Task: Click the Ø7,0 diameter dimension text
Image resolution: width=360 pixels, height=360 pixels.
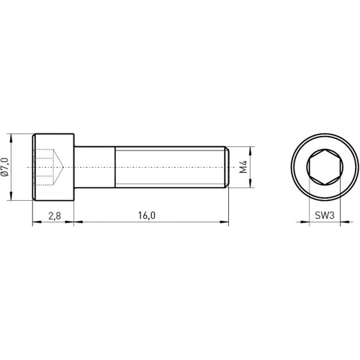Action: [6, 167]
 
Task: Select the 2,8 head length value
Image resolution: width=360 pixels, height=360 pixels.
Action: [54, 215]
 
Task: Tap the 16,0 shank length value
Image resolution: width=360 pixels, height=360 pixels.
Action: [148, 215]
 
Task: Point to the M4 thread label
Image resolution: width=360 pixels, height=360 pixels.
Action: [244, 168]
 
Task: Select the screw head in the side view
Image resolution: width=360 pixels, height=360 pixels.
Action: [54, 167]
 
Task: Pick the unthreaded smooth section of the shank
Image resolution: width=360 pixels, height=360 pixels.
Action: [95, 167]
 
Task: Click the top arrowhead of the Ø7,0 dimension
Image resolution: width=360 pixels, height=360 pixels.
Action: [12, 137]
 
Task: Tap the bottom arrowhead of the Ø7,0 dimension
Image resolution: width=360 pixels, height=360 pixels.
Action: [12, 198]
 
